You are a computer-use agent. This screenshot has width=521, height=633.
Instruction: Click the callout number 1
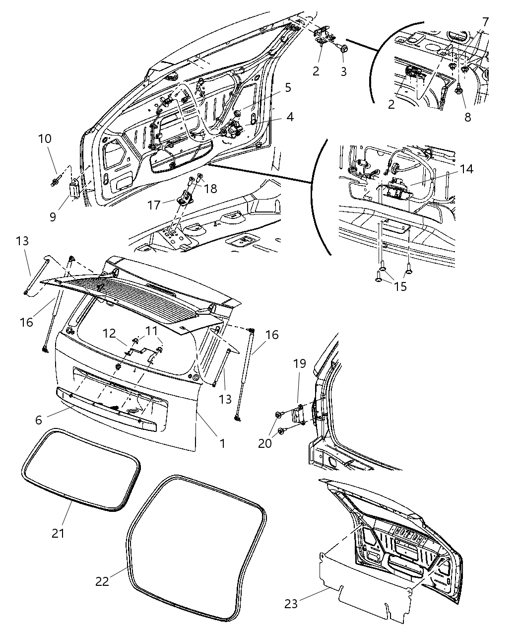222,443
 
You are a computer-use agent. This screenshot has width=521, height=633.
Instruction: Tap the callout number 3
343,71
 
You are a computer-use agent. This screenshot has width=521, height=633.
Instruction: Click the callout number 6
39,420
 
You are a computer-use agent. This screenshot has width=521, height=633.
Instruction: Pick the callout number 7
485,22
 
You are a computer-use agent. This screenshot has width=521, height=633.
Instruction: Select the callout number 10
45,139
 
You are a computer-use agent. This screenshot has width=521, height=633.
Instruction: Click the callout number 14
466,169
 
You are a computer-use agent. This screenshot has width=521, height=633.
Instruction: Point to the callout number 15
400,286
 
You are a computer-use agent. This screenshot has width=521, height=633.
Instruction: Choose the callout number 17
154,204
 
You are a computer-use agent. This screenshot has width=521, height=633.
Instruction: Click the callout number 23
291,604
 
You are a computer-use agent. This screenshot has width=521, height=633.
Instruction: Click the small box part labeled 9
75,189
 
